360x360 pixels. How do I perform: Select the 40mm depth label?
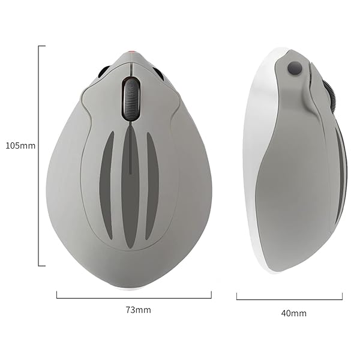point(293,313)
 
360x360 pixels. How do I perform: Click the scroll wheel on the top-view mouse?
point(130,98)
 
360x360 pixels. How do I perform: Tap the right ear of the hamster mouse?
point(158,73)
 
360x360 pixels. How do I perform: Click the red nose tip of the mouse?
point(130,53)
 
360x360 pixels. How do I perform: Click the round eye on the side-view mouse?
point(293,68)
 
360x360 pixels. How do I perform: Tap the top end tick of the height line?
point(41,46)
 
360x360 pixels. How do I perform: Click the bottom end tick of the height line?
point(41,265)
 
